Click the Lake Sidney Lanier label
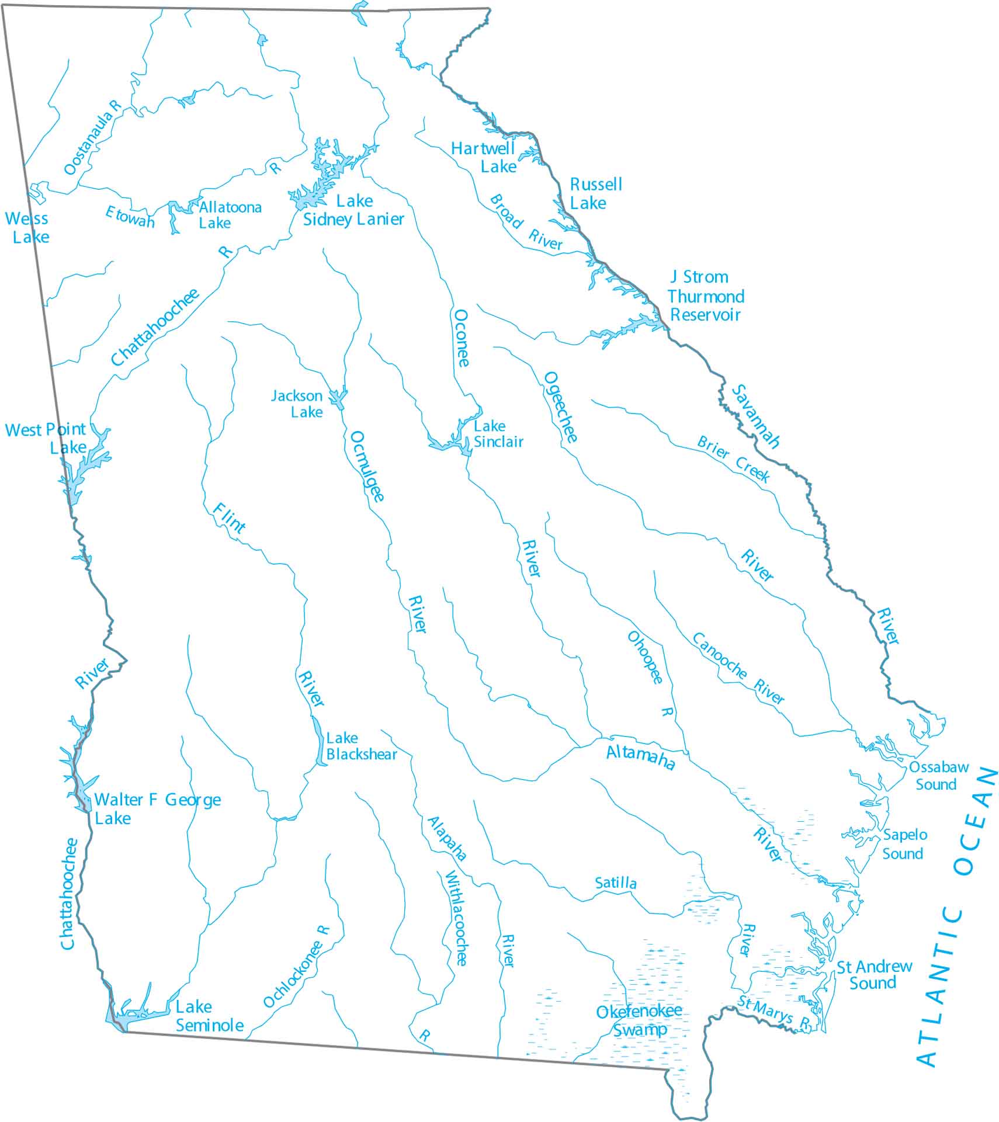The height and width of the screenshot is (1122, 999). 353,210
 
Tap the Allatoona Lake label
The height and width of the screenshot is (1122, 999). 230,215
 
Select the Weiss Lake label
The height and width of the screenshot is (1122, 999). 28,228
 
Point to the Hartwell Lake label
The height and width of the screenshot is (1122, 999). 484,158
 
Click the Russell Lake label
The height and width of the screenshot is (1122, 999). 595,194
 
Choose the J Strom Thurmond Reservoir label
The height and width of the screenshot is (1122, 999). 706,296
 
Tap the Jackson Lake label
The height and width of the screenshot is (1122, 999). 297,404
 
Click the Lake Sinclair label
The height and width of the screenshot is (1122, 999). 498,434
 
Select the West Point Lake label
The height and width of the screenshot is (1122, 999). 46,439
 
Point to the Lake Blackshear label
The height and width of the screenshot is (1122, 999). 360,746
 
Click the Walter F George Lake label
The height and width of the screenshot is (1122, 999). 157,808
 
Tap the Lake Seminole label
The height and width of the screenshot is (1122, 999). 209,1016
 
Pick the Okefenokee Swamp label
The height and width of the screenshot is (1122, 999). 639,1020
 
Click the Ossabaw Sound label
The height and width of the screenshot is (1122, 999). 938,776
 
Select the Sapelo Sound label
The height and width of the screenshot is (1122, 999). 904,844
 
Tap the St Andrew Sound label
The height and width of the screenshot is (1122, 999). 874,975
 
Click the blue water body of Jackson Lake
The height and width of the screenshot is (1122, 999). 338,398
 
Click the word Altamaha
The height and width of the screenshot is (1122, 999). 640,757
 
